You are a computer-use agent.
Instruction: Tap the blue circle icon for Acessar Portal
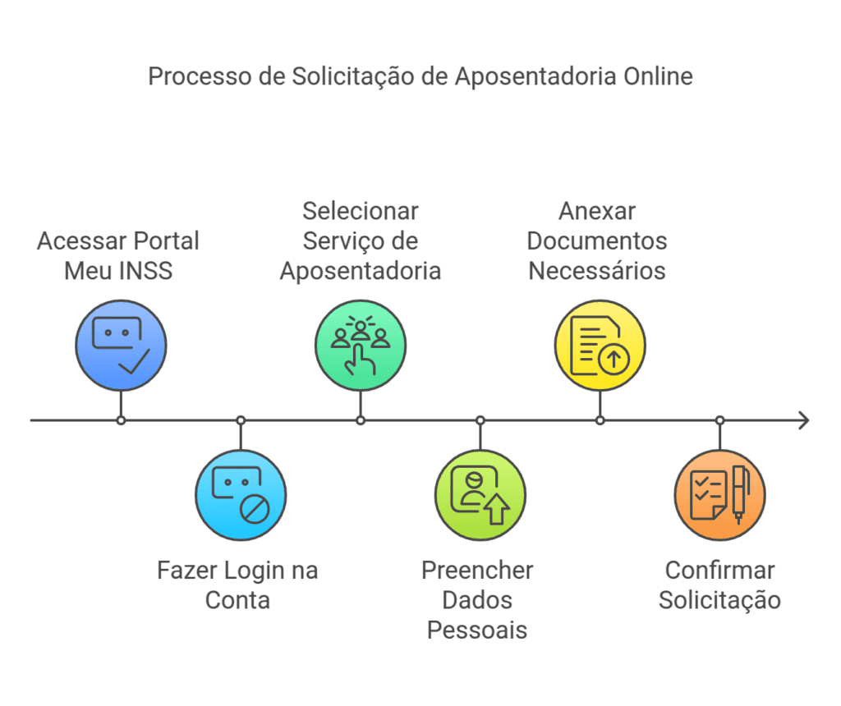[121, 345]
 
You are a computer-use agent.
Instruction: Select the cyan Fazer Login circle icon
[241, 496]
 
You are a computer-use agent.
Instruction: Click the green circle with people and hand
[361, 345]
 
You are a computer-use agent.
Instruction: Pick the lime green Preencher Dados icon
[480, 496]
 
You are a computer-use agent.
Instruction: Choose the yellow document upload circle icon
[600, 345]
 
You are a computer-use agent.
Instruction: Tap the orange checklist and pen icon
[720, 496]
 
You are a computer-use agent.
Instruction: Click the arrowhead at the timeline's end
[803, 420]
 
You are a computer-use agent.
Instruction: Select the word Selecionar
[361, 211]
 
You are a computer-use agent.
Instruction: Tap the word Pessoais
[477, 630]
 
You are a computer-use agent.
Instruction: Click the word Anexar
[597, 211]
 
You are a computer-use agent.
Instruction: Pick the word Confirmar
[719, 571]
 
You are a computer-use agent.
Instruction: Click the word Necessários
[597, 270]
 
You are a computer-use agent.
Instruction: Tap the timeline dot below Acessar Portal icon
[121, 420]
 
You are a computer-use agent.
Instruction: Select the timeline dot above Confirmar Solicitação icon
[720, 420]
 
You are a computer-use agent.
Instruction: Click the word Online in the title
[657, 76]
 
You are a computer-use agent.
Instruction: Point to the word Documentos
[597, 241]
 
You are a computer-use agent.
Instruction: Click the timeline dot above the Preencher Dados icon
[480, 420]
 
